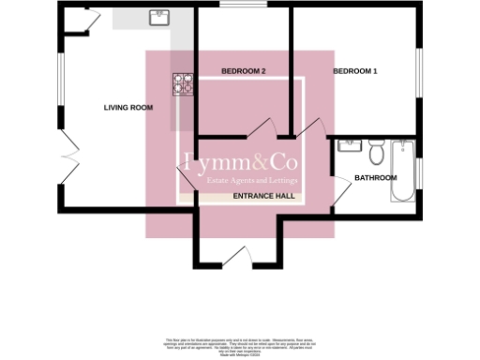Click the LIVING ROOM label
[x=127, y=108]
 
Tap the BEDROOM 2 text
[x=244, y=72]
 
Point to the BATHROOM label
[x=375, y=178]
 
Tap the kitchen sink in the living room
[x=157, y=18]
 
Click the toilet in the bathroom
[x=377, y=151]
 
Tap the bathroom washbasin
[x=349, y=146]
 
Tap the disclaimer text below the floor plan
[x=240, y=347]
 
